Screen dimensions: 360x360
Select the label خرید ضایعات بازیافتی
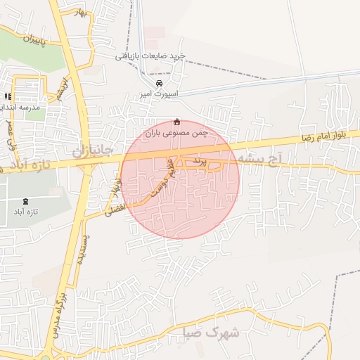150,55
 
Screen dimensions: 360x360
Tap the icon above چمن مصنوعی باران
176,121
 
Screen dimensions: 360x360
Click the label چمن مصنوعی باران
178,131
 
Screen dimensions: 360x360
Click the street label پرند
202,161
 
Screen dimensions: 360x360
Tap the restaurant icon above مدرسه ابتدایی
8,97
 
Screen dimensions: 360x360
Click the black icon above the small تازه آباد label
27,201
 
